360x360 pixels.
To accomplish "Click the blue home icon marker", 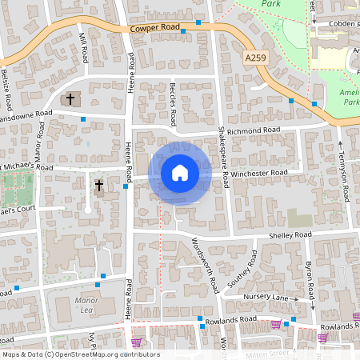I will pos(180,172).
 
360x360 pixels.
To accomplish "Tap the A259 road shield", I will pos(254,58).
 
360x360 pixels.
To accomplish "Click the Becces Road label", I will pos(174,102).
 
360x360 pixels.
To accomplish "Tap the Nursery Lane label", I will pos(268,297).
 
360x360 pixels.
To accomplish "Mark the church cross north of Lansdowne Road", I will pos(70,100).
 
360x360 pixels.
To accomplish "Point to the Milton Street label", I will pos(269,352).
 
